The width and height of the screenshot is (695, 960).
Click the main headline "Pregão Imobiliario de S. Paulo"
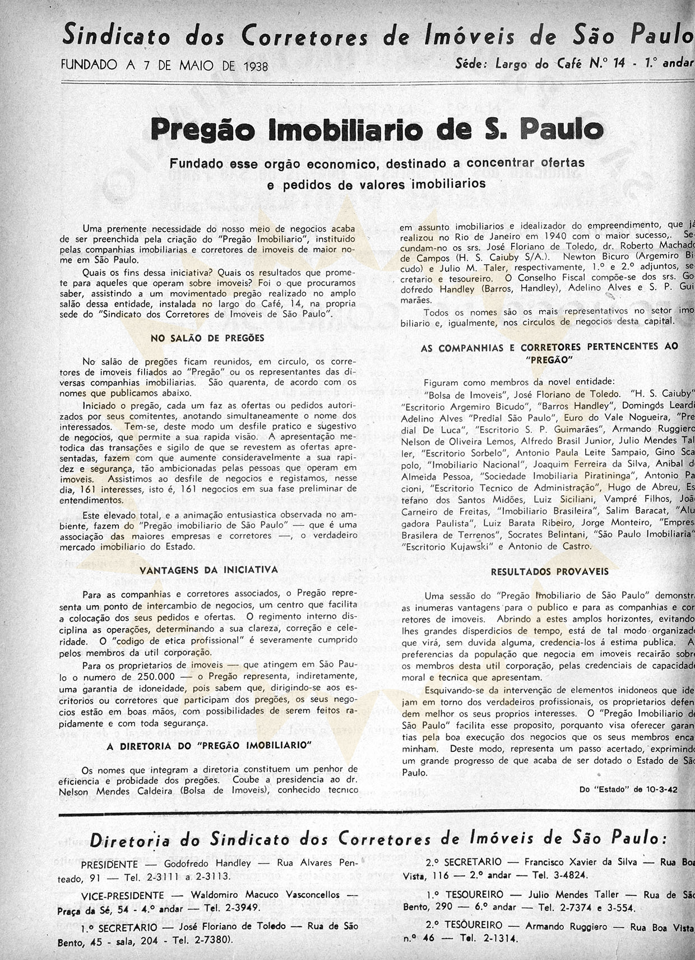[377, 130]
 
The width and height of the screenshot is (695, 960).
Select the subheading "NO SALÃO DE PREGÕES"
[207, 338]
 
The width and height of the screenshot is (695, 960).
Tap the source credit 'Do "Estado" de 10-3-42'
[628, 789]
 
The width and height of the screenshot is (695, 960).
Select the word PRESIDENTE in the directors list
[109, 864]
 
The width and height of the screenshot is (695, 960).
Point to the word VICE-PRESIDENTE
[123, 896]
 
